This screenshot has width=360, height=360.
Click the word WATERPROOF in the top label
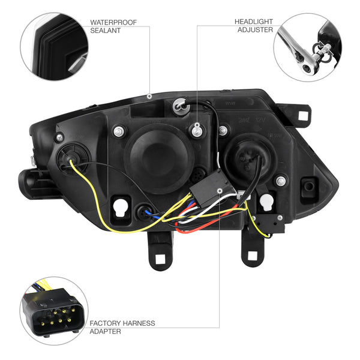tap(113, 23)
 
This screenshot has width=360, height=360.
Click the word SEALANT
tap(106, 31)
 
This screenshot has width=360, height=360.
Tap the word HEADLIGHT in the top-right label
tap(254, 22)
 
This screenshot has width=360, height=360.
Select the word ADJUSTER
tap(256, 30)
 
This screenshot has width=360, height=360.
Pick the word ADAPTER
tap(106, 332)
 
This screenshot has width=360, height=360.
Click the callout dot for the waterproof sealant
tap(149, 96)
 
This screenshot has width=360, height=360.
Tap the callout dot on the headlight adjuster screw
tap(197, 125)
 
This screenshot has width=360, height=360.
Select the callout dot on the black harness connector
tap(220, 191)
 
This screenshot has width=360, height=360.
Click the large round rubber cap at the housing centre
tap(159, 158)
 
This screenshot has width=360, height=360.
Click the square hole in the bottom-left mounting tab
tap(160, 259)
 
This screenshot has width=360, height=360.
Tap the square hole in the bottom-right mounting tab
tap(253, 256)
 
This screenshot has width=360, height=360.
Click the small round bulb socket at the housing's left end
tap(73, 158)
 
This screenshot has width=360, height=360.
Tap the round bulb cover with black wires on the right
tap(250, 158)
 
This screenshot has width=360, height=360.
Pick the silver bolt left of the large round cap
tap(119, 131)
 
